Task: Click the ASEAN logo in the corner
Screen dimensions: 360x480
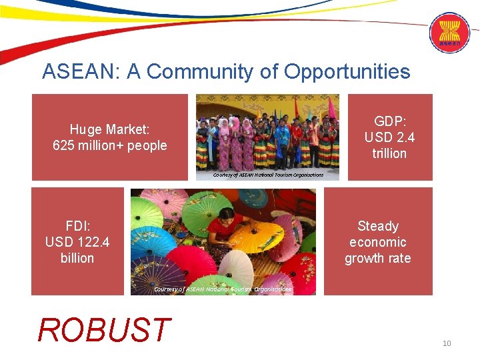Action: pos(449,33)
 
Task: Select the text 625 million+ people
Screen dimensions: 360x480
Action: pos(110,145)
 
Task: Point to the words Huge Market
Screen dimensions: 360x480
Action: pos(110,129)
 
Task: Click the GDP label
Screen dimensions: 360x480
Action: pos(389,121)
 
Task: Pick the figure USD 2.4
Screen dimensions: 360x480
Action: pos(389,137)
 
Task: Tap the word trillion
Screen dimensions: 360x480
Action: pos(389,153)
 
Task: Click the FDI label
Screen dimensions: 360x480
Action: pos(77,225)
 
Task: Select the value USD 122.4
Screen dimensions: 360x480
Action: pos(77,241)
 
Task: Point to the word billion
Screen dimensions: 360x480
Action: pos(77,258)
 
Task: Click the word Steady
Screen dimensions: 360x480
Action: pos(377,226)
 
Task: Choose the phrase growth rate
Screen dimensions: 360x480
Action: pos(377,258)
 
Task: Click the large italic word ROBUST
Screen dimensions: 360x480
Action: pos(104,330)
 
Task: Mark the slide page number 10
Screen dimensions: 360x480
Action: pos(447,343)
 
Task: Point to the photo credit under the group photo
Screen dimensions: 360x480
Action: pos(268,175)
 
